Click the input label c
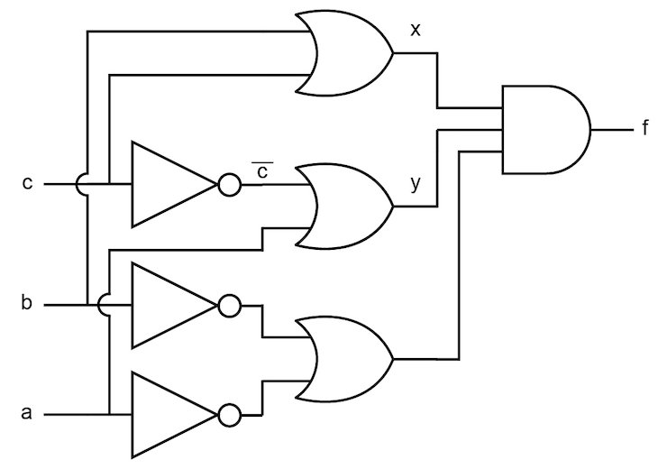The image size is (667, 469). [x=27, y=184]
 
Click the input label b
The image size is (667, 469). [x=27, y=306]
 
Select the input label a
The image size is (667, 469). [x=27, y=415]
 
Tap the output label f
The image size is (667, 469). [x=645, y=129]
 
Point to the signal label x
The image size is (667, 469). [x=415, y=30]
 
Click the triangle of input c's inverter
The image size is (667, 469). [x=169, y=184]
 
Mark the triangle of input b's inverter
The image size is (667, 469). [x=169, y=306]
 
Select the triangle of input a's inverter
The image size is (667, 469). [x=169, y=415]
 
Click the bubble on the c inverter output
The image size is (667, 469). [x=228, y=184]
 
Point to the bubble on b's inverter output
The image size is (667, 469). [x=228, y=306]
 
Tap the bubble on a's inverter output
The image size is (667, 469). [x=228, y=415]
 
